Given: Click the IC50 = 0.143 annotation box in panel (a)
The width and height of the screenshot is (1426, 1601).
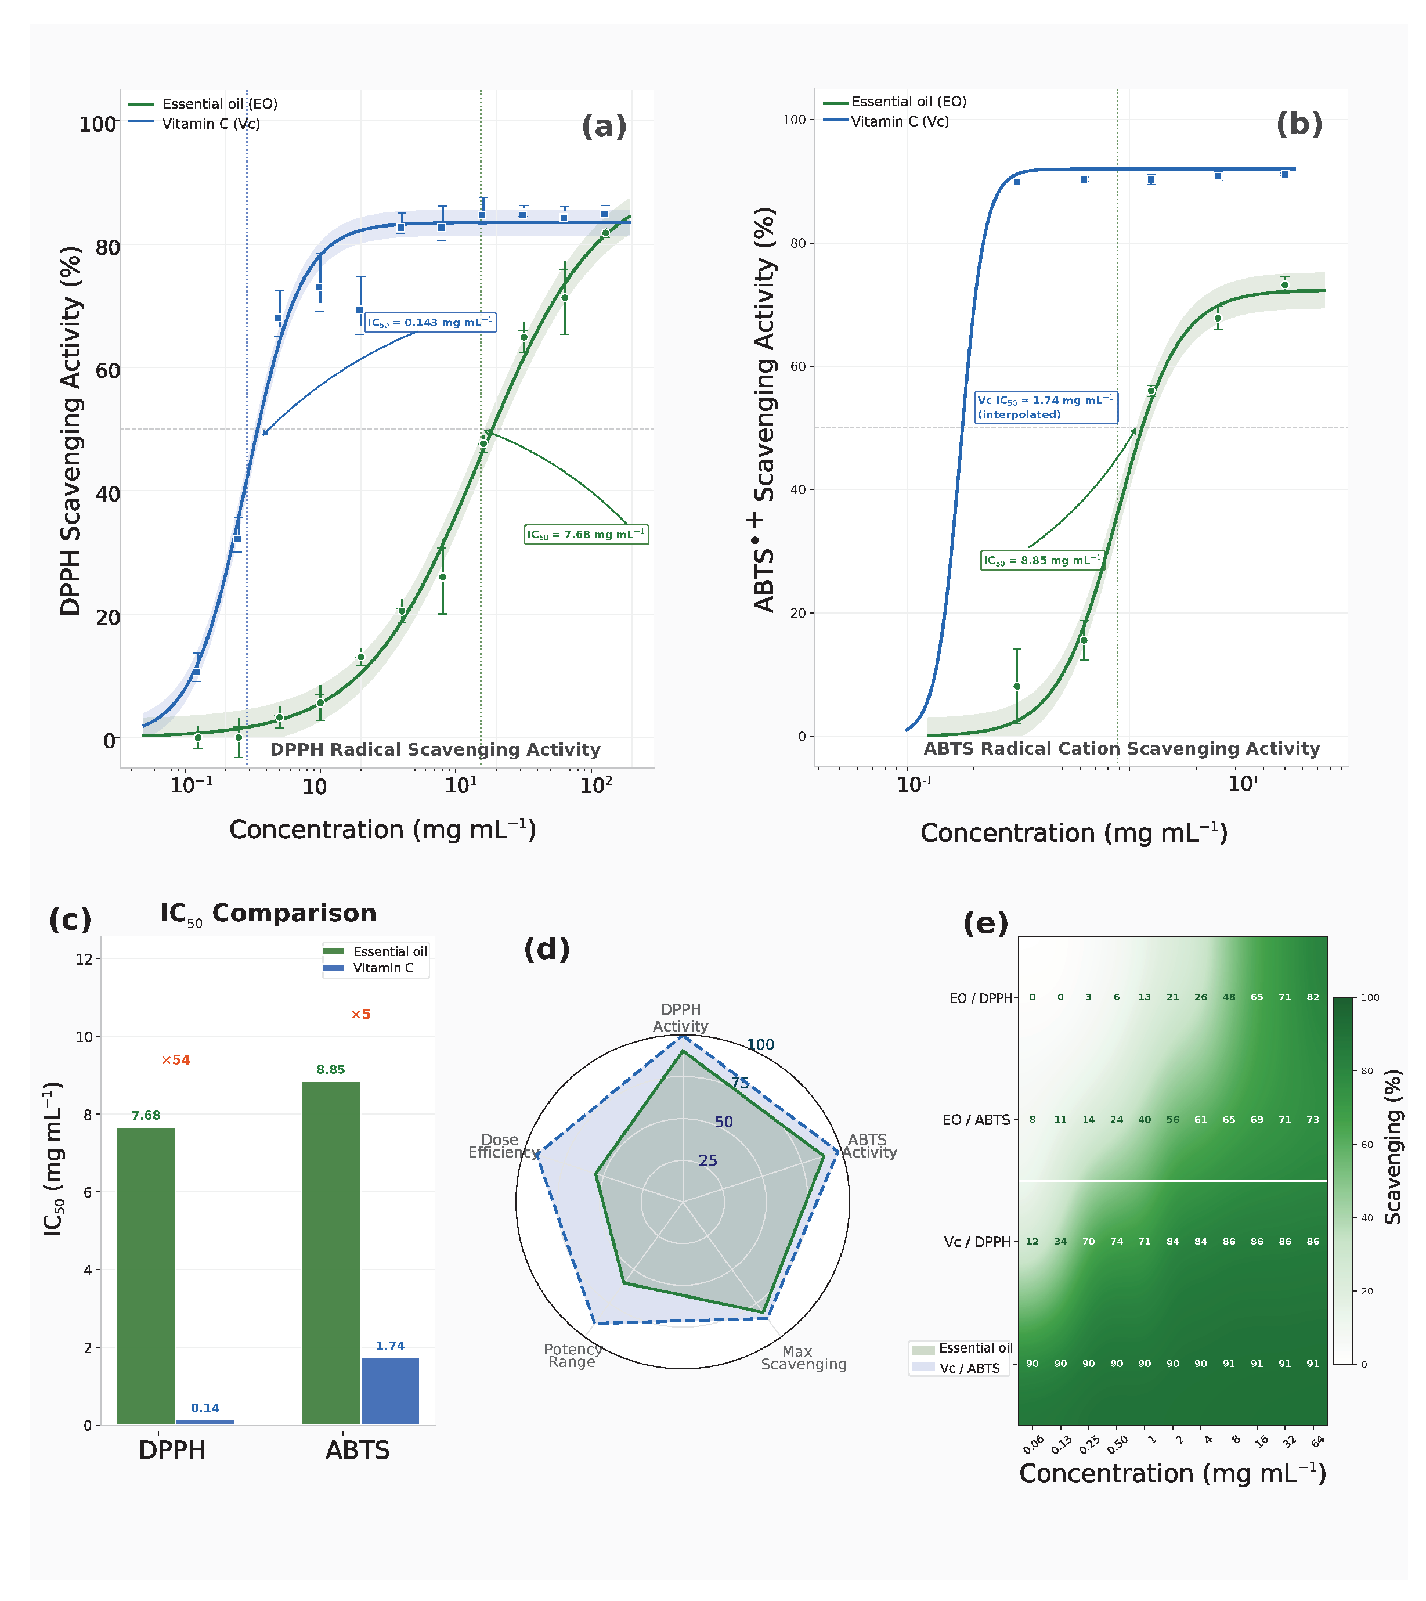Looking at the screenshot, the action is [430, 322].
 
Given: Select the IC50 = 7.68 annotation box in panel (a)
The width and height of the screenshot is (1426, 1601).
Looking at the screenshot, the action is [586, 535].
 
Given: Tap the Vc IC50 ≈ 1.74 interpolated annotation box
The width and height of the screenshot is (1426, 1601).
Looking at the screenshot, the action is [1046, 408].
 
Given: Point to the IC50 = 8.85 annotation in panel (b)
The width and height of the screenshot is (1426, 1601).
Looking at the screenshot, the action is [1042, 560].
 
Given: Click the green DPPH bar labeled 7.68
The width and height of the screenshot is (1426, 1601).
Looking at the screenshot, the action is [146, 1276].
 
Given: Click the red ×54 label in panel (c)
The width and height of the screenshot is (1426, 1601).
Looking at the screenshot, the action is [175, 1061].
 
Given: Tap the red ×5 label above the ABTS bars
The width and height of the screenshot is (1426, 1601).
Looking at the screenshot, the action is [360, 1014].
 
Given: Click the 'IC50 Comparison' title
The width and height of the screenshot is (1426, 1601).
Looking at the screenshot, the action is [268, 914].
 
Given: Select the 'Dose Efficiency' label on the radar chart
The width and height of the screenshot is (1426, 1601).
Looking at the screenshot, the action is [502, 1146].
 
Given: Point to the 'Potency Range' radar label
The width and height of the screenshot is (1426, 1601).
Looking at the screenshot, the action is [573, 1355].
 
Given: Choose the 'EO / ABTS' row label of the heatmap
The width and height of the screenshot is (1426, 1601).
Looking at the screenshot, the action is [976, 1120].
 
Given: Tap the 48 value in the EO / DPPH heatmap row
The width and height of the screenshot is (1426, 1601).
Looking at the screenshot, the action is [1229, 998].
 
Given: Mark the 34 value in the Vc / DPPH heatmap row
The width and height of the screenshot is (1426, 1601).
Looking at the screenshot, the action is [1060, 1241].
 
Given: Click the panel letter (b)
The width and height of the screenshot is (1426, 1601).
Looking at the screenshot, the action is [1299, 124].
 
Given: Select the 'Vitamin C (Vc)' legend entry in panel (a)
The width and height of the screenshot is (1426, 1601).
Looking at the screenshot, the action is [194, 124].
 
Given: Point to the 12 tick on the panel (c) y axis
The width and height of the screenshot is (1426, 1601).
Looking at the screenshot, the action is [84, 959].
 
